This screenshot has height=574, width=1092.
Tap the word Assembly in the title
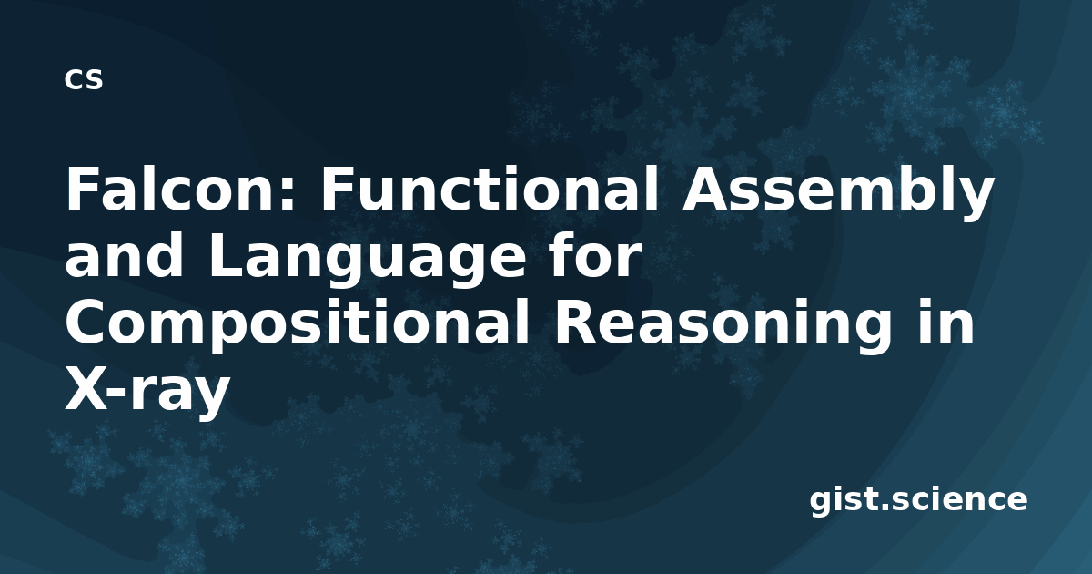(x=837, y=194)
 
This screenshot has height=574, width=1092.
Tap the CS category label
(x=84, y=79)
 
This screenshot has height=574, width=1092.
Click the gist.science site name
(x=918, y=500)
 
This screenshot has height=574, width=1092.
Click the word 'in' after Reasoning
(x=945, y=323)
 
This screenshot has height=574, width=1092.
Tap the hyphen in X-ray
(x=117, y=394)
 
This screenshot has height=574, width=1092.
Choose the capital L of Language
(x=227, y=255)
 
